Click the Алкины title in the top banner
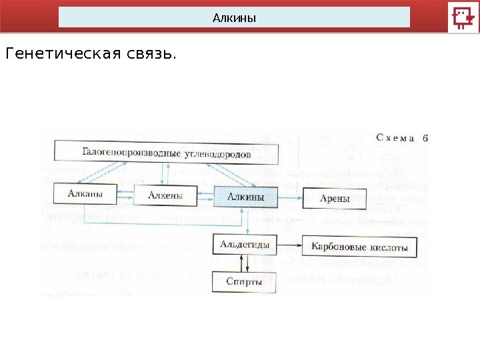click(234, 17)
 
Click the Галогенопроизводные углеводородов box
click(166, 153)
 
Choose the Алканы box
click(85, 195)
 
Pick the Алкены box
click(167, 196)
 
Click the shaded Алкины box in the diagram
click(246, 197)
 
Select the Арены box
click(334, 198)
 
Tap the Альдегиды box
click(245, 245)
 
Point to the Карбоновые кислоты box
click(359, 247)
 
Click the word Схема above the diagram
click(395, 139)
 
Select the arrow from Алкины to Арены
click(291, 198)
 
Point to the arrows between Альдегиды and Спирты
click(245, 264)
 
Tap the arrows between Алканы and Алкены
click(125, 196)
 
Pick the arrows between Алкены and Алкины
click(207, 197)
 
